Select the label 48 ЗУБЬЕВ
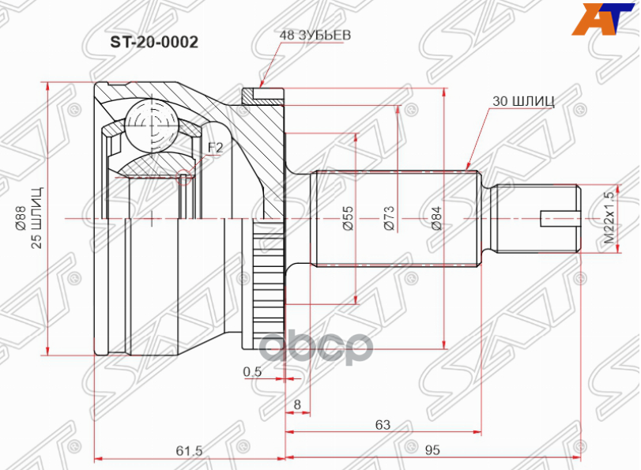(x=314, y=36)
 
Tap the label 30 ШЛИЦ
(x=522, y=100)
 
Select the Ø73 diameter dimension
(x=388, y=218)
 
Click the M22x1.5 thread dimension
(x=608, y=218)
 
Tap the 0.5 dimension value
(x=252, y=370)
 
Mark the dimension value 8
(x=297, y=405)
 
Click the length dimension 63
(x=383, y=424)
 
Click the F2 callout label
(x=215, y=148)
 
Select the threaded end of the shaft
(x=537, y=218)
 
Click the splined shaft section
(x=395, y=218)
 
